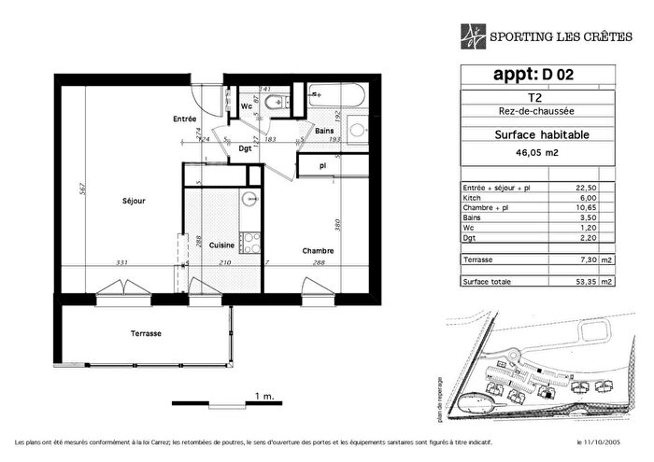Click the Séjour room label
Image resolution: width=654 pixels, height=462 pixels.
coord(133,200)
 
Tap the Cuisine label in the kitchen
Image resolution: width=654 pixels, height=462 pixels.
coord(221,245)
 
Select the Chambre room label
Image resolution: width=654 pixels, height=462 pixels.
coord(318,250)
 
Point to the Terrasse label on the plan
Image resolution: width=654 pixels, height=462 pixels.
coord(146,333)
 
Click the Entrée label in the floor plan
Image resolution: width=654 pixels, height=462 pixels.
coord(184,119)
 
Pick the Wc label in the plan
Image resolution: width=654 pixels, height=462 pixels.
coord(247,105)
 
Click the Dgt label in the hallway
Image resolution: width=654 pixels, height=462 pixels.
coord(245,148)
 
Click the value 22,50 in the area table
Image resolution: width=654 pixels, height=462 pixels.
coord(586,188)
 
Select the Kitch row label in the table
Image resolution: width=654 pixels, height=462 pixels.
coord(474,198)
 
